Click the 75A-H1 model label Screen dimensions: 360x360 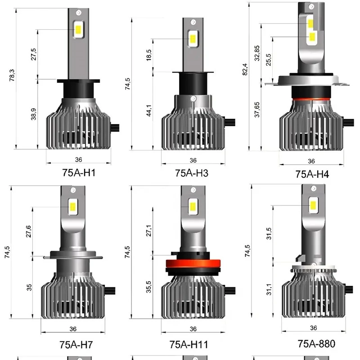pos(79,173)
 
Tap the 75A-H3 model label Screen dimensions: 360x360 pos(192,173)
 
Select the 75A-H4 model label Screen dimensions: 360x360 pos(312,174)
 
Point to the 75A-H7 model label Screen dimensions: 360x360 pos(76,345)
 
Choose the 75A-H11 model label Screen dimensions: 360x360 pos(189,344)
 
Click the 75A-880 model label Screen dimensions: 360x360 pos(316,344)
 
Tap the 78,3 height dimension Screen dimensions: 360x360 pos(12,75)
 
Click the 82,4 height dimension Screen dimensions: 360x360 pos(245,69)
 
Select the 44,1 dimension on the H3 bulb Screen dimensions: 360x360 pos(149,110)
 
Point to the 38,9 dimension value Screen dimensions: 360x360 pos(33,114)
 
